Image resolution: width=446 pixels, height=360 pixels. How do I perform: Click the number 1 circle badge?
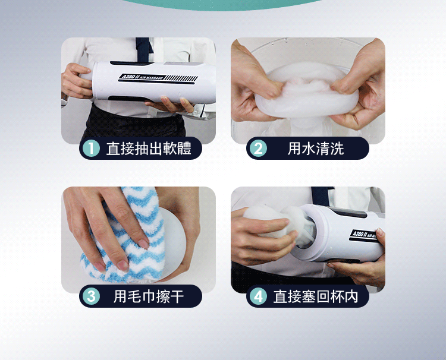tap(91, 149)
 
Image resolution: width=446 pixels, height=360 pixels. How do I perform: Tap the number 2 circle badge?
tap(258, 149)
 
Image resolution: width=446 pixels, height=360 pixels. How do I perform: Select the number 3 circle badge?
tap(91, 296)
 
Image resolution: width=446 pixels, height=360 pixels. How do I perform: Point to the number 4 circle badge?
tap(258, 296)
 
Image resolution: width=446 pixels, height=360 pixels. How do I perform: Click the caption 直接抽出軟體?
tap(149, 149)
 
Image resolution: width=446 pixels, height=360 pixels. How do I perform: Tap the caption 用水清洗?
tap(316, 149)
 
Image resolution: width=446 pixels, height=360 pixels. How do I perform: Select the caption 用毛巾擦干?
tap(149, 296)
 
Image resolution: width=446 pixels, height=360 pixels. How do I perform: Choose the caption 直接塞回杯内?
tap(316, 296)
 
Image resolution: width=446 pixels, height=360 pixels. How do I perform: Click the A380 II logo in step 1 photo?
tap(142, 77)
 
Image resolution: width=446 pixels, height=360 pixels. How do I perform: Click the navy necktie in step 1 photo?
tap(144, 49)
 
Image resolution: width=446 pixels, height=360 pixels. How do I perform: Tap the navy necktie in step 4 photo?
tap(321, 195)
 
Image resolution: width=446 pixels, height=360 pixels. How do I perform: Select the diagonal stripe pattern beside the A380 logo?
tap(182, 78)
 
